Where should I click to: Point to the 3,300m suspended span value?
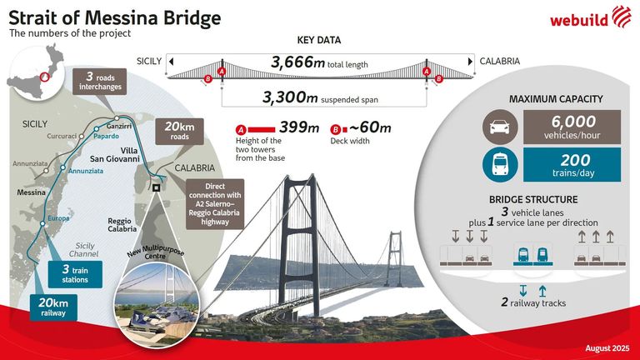pos(320,97)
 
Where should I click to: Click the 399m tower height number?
pos(297,127)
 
